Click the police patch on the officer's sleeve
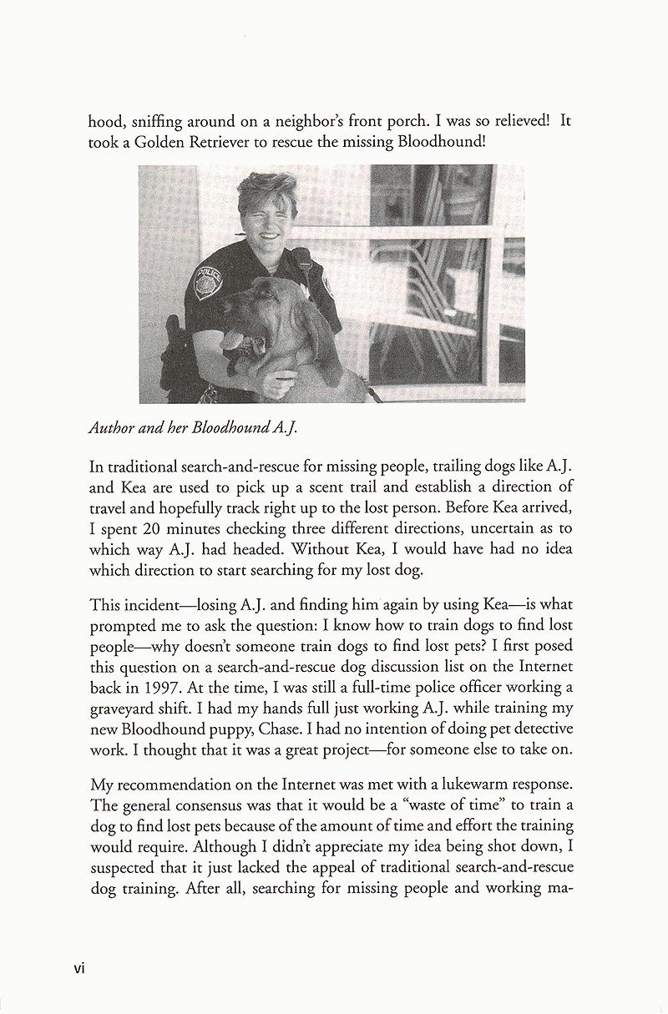[x=206, y=283]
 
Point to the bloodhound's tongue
[x=232, y=343]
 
